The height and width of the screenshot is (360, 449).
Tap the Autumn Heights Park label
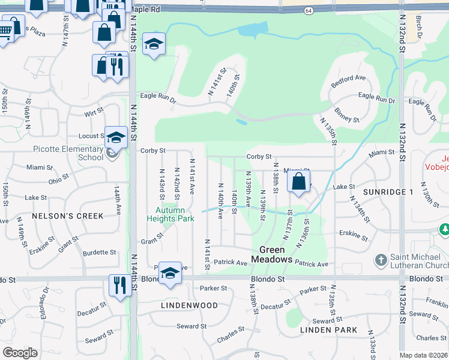click(x=170, y=214)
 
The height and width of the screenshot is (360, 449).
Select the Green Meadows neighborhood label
click(x=276, y=255)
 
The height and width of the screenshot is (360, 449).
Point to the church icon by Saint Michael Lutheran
click(x=381, y=260)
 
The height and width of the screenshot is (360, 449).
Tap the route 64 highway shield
click(x=308, y=11)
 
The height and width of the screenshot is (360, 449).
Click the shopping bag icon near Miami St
click(x=299, y=181)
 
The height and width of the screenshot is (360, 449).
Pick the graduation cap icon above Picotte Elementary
click(x=115, y=137)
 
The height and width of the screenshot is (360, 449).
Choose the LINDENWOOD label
click(x=189, y=305)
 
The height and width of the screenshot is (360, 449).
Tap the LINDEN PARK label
click(x=330, y=330)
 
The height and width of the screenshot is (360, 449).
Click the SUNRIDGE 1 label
click(x=388, y=191)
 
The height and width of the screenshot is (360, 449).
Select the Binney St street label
click(x=347, y=115)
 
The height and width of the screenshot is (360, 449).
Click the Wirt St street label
click(x=94, y=112)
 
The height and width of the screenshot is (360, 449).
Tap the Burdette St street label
click(x=99, y=253)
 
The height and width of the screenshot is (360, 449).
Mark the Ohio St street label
click(x=59, y=181)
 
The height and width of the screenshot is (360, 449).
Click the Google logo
click(x=20, y=353)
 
